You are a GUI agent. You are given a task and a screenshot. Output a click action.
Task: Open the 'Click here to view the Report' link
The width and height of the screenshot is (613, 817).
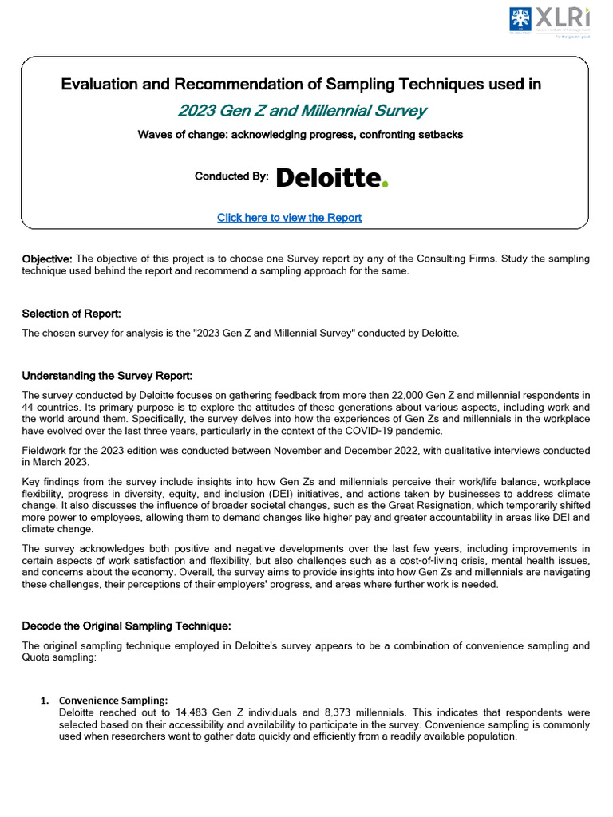(x=289, y=218)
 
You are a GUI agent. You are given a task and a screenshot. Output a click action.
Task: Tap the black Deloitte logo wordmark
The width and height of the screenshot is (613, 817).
(x=327, y=178)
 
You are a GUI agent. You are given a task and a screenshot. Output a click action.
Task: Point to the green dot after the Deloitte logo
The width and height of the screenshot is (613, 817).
(x=386, y=184)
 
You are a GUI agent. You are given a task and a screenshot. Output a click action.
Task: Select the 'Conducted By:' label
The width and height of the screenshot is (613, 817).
(x=231, y=176)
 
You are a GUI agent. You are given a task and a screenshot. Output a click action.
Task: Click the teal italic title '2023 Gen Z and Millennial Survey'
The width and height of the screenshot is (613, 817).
(x=302, y=111)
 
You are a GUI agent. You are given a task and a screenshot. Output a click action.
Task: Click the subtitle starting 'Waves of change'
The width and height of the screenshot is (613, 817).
(x=300, y=135)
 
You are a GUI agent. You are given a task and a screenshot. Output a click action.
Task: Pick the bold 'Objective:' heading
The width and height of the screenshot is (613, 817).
(x=47, y=259)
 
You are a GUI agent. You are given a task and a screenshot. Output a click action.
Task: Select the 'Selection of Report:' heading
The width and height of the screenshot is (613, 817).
(x=71, y=314)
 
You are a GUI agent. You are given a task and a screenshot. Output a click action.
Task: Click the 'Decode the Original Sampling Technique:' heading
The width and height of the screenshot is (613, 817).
(x=126, y=626)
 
